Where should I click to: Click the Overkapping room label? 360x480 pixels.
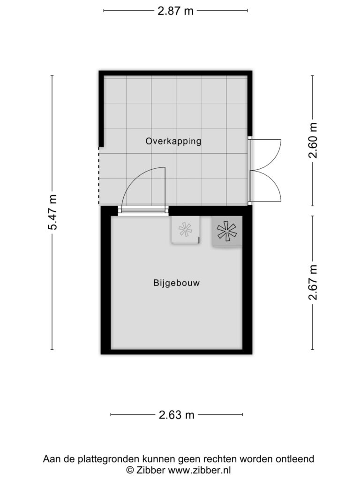coord(173,142)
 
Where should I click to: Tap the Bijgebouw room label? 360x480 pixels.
coord(176,283)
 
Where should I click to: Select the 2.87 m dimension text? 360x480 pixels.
coord(175,11)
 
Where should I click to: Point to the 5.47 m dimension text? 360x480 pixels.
coord(52,212)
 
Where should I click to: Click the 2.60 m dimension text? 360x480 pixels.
coord(313,140)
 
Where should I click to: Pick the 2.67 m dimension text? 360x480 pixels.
coord(313,282)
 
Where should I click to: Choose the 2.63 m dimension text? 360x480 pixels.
coord(177,415)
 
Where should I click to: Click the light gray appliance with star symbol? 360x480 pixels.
coord(185,230)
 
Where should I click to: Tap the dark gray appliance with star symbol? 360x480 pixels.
coord(227,231)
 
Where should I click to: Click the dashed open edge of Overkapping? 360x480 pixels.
coord(98,176)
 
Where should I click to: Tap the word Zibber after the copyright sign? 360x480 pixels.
coord(150,470)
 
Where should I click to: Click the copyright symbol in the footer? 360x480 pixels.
coord(130,470)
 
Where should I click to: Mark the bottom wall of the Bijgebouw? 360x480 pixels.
coord(177,352)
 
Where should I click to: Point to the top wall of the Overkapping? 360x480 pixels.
coord(175,73)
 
